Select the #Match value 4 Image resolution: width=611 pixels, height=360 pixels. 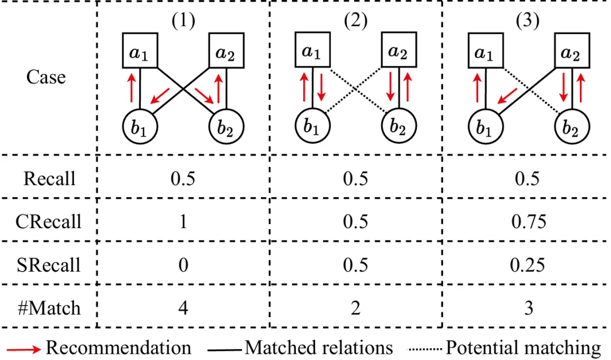coord(182,308)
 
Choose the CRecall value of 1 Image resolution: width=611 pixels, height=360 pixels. coord(182,221)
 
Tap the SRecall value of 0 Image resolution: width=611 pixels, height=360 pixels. coord(182,264)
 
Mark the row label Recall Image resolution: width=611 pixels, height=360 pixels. coord(49,178)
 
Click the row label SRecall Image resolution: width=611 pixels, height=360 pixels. coord(49,264)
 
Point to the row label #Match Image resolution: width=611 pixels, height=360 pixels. coord(49,308)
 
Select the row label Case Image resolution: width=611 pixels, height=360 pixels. coord(46,77)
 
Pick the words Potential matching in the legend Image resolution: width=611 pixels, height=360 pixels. coord(523,348)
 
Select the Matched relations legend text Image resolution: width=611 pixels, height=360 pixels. coord(319,348)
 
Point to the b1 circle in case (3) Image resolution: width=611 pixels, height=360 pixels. coord(483,127)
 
